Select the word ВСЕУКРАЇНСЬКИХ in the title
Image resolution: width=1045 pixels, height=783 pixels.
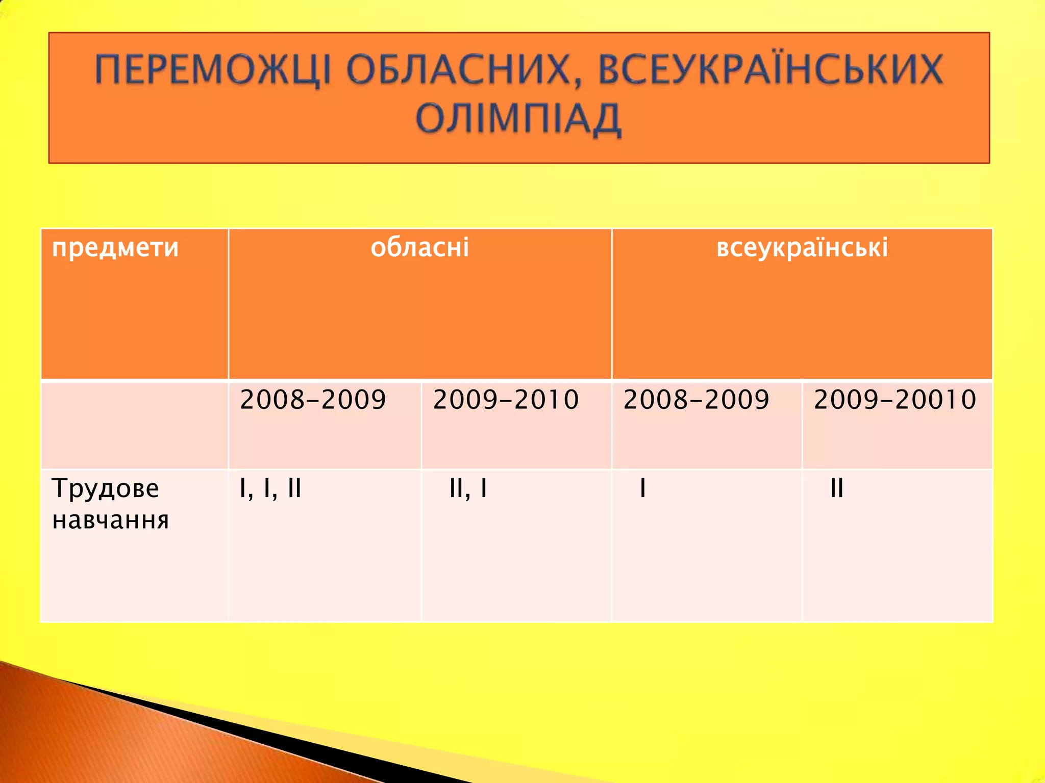click(x=770, y=70)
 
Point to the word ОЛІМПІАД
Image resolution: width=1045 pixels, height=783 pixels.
click(x=518, y=119)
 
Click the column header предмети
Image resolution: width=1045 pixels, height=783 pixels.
click(x=115, y=248)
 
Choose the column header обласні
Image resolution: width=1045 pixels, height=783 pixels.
click(x=419, y=247)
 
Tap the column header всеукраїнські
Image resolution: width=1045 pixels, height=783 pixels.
click(x=802, y=247)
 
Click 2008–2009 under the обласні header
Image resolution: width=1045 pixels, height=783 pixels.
click(x=313, y=399)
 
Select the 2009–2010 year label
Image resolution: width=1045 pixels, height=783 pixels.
click(x=506, y=399)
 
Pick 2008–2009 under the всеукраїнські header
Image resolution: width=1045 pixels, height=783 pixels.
click(x=696, y=399)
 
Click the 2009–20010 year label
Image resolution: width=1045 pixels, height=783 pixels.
click(x=895, y=399)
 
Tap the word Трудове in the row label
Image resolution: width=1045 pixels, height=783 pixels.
click(x=106, y=488)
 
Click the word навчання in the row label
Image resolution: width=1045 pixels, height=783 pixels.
click(x=110, y=520)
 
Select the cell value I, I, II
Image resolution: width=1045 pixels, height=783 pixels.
click(x=270, y=488)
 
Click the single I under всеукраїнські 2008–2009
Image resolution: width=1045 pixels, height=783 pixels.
click(x=643, y=488)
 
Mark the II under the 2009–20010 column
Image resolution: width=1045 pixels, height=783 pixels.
click(x=837, y=488)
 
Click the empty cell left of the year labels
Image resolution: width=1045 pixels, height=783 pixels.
click(x=134, y=425)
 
